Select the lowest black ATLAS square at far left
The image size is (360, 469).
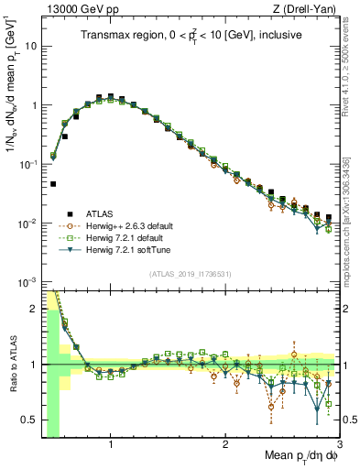(53, 184)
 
